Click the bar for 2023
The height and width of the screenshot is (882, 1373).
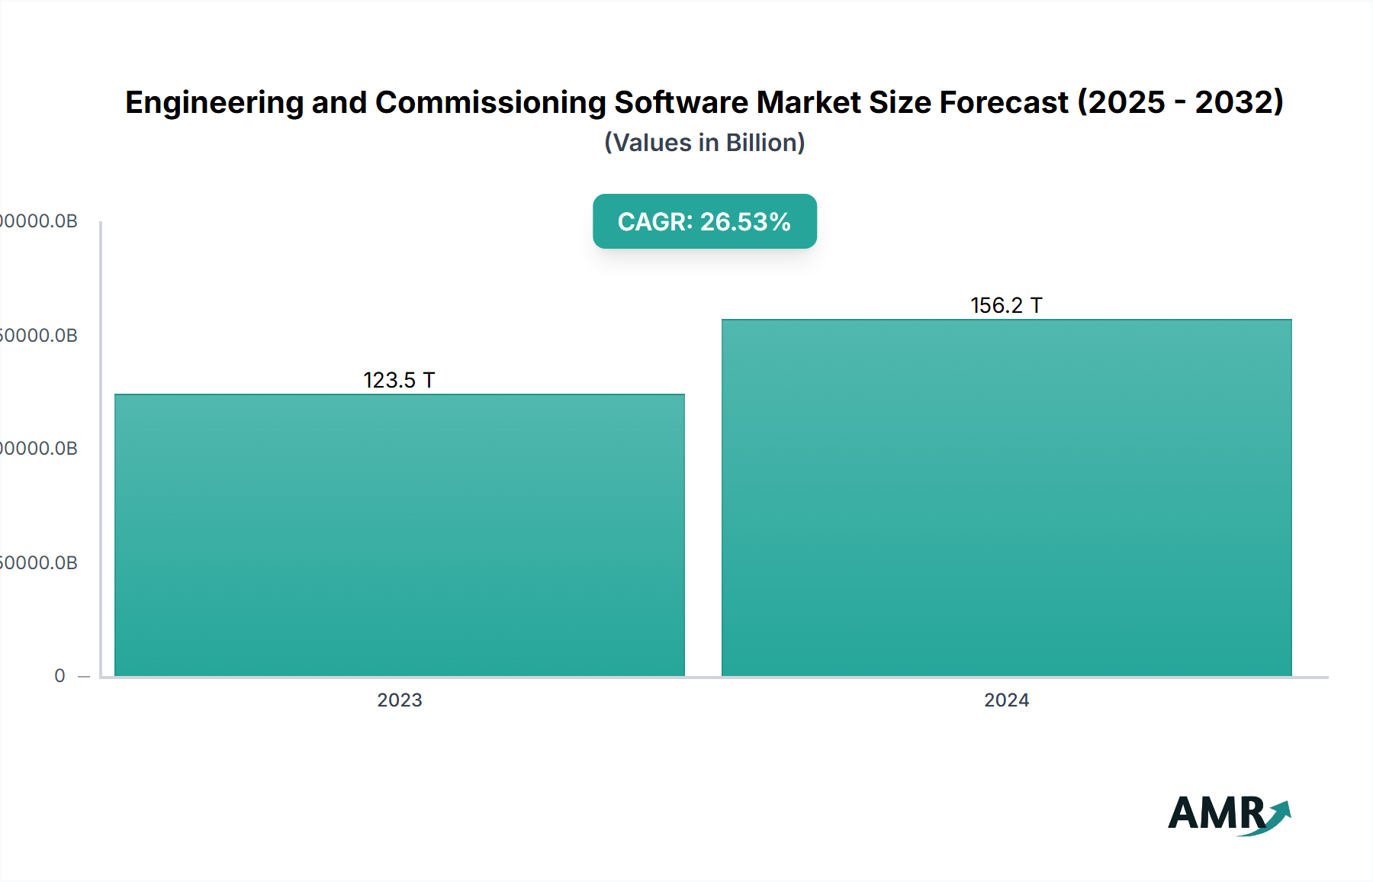click(x=399, y=534)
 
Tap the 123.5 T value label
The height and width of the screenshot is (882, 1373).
click(x=399, y=380)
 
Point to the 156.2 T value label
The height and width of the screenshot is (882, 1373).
click(x=1006, y=305)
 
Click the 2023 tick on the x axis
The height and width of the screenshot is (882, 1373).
click(x=399, y=700)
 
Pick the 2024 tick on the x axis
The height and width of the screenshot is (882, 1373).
click(x=1006, y=700)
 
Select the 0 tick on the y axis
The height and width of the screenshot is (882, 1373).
click(x=59, y=676)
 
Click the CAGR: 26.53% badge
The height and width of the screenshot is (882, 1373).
click(x=704, y=221)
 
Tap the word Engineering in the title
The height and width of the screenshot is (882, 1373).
click(x=214, y=102)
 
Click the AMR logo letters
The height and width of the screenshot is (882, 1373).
click(x=1216, y=813)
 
